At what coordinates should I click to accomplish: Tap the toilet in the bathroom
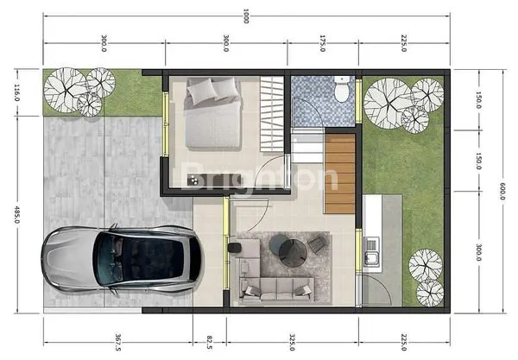[x=343, y=88]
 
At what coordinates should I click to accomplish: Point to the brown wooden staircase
[x=340, y=173]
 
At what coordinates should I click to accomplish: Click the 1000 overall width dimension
[x=246, y=16]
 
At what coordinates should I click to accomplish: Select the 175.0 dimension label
[x=322, y=44]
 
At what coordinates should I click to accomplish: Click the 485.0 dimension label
[x=16, y=213]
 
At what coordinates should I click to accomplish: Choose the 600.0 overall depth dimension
[x=502, y=188]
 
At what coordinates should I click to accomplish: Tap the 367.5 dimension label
[x=117, y=342]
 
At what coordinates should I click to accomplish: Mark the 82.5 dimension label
[x=211, y=342]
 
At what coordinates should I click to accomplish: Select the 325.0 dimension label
[x=294, y=342]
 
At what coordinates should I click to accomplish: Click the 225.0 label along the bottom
[x=404, y=342]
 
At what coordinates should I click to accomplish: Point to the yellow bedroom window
[x=167, y=112]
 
